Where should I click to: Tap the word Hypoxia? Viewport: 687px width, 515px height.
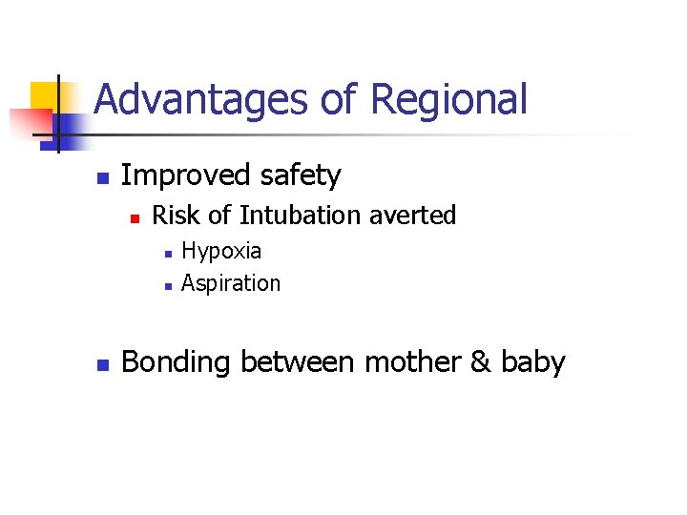(x=221, y=251)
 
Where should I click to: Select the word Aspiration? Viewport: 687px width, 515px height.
(x=231, y=283)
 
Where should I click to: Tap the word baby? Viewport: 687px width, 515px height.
(x=532, y=362)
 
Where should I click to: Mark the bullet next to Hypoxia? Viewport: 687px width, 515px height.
(x=167, y=254)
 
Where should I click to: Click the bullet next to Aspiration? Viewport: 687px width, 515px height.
(x=167, y=285)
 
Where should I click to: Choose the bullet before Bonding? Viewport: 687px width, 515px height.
(x=104, y=364)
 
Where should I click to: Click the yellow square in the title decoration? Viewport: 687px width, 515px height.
(x=44, y=95)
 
